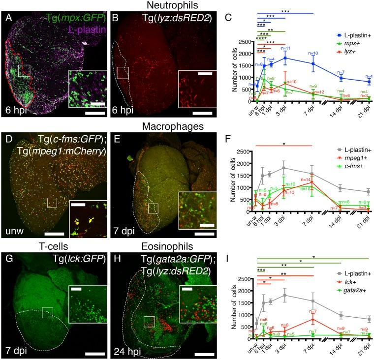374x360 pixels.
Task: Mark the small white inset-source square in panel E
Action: (x=153, y=209)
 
